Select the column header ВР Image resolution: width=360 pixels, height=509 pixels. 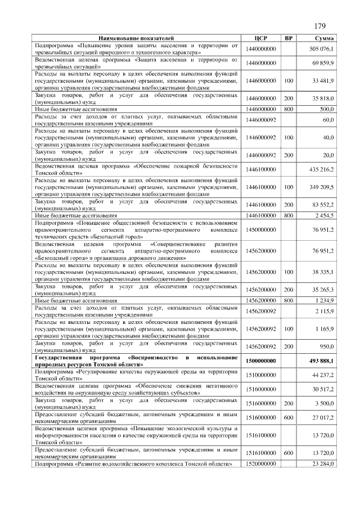pos(289,38)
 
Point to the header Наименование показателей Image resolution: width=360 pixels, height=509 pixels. pos(137,38)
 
